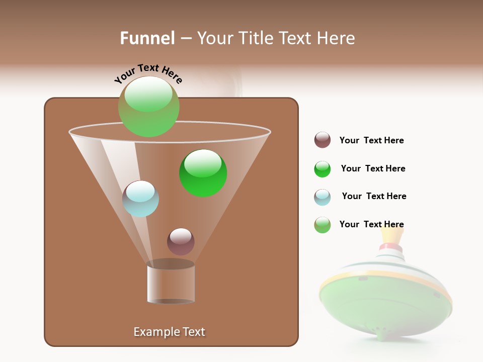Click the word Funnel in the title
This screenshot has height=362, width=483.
click(x=147, y=38)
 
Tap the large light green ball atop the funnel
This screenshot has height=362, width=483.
click(x=149, y=107)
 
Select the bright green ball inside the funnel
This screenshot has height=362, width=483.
click(x=203, y=173)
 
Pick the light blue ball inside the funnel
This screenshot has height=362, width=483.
click(x=140, y=199)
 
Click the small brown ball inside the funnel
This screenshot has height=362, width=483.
click(x=181, y=241)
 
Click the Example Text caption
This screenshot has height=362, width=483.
click(x=169, y=332)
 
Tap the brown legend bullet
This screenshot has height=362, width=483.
click(x=323, y=140)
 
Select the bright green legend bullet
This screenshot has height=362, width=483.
click(x=323, y=169)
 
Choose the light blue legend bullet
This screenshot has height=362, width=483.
click(x=323, y=197)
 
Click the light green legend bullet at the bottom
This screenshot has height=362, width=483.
click(x=323, y=225)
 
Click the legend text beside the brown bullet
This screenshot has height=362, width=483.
click(x=371, y=140)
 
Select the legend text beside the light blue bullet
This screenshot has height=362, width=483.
click(x=374, y=196)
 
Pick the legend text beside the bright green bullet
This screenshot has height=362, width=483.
click(x=373, y=168)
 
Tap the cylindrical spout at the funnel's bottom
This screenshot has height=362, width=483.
click(x=171, y=284)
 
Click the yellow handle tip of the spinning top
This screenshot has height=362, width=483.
click(x=392, y=234)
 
